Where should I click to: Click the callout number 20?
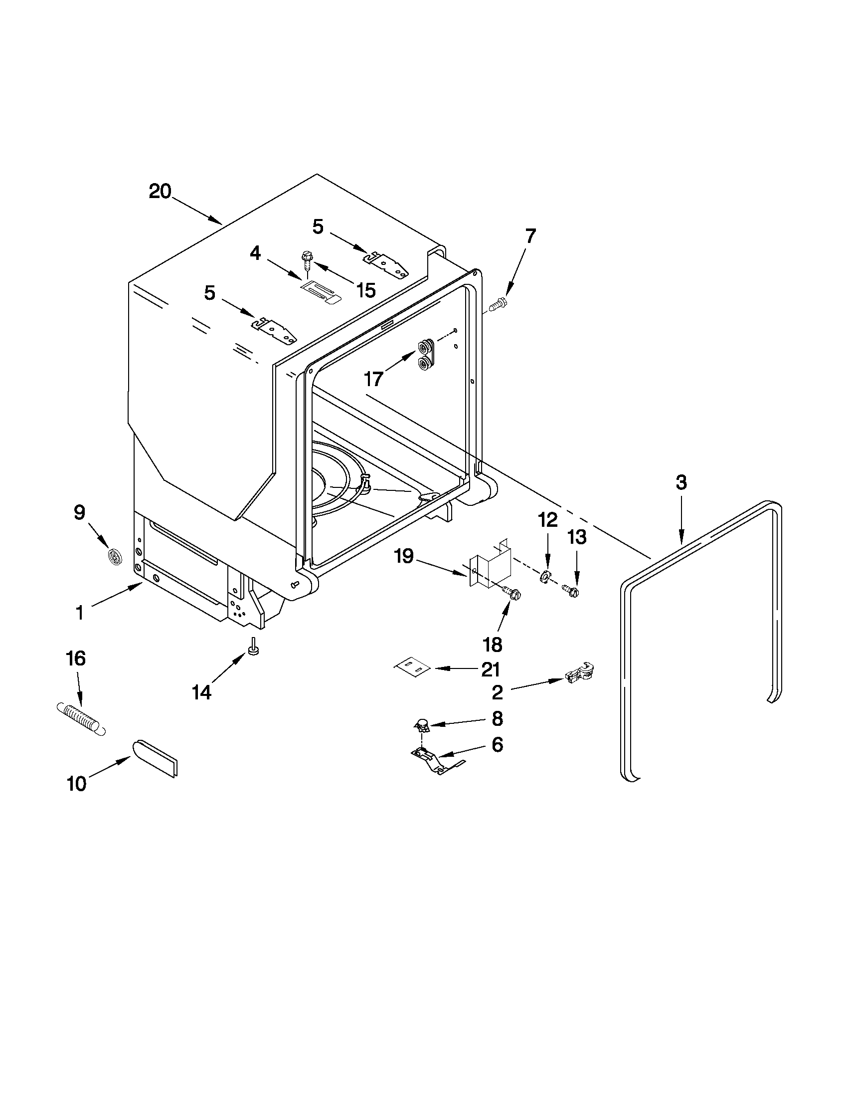(x=160, y=192)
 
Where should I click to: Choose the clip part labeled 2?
(x=579, y=673)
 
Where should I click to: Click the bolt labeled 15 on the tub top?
(x=306, y=261)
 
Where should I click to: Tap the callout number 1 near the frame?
(x=79, y=613)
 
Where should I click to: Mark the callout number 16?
(x=76, y=658)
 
